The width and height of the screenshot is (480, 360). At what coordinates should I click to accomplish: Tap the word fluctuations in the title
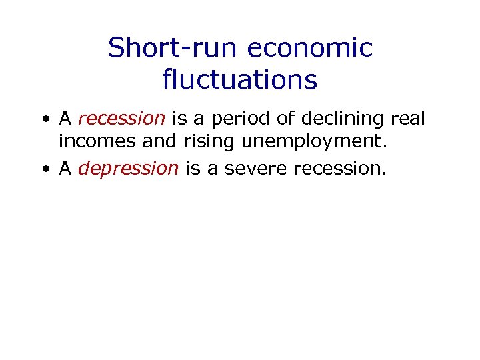pos(239,80)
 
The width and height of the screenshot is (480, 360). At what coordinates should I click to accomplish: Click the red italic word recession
pos(121,119)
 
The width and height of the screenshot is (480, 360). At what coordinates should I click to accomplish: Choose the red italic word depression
pos(128,169)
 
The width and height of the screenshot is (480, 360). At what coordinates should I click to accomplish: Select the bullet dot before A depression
pos(43,169)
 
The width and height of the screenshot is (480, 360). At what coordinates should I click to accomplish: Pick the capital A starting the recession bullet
pos(65,119)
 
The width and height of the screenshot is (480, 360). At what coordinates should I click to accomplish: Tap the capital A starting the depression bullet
pos(65,168)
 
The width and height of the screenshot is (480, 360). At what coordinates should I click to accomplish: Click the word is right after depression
pos(193,168)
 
